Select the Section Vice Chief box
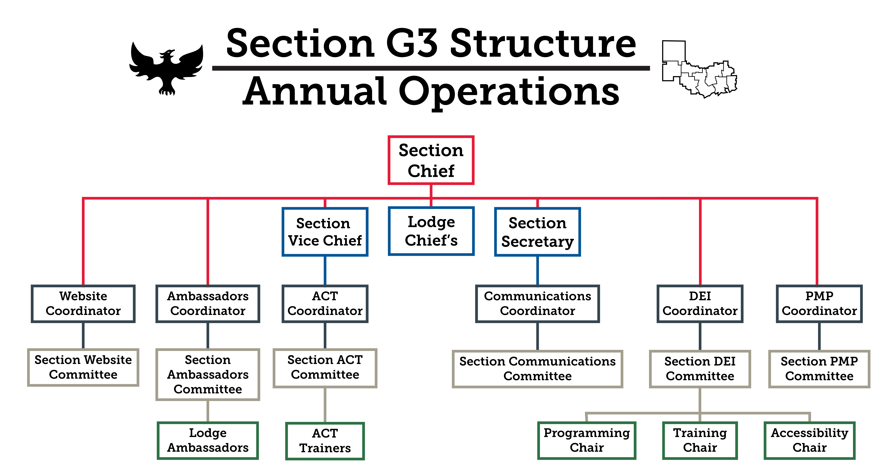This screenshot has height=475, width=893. [x=325, y=232]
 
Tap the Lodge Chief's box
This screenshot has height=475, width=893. [x=431, y=231]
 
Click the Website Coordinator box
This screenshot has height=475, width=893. [x=83, y=304]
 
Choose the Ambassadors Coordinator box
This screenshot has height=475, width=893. [x=208, y=304]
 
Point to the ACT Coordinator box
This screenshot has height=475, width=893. [x=325, y=304]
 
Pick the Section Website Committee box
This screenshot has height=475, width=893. [x=83, y=367]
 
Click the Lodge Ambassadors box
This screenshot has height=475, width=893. [x=208, y=440]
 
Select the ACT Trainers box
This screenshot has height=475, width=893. [x=325, y=441]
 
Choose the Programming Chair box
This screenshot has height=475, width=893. [x=587, y=440]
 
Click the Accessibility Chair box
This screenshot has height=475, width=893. [x=809, y=440]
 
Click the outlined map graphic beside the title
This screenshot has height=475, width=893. [x=699, y=69]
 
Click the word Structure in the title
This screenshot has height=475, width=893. [x=543, y=43]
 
